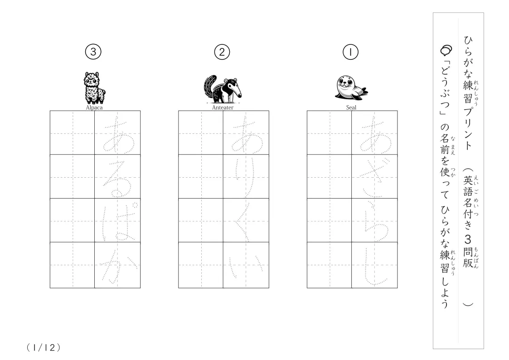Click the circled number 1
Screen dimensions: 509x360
[350, 52]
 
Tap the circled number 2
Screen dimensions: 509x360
[222, 52]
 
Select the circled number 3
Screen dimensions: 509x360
[93, 52]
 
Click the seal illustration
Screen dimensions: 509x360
[351, 88]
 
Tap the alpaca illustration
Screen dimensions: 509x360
[94, 88]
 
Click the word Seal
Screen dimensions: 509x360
[351, 107]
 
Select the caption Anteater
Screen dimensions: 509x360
[223, 107]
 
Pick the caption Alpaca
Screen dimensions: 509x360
[94, 107]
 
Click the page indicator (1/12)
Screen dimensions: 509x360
[44, 348]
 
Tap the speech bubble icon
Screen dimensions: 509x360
[446, 50]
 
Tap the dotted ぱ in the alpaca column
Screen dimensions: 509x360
[118, 222]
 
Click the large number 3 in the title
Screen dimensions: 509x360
[468, 239]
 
